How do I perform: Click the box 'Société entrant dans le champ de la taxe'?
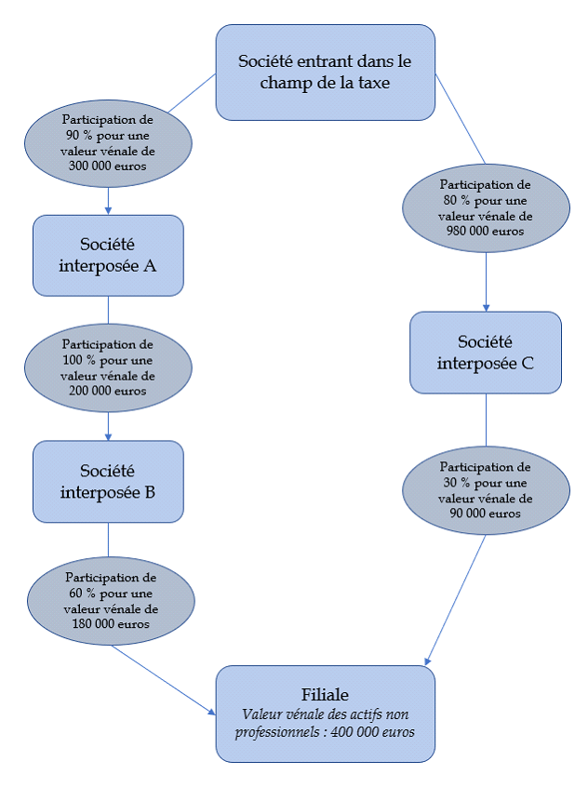click(325, 72)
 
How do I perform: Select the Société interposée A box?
click(108, 255)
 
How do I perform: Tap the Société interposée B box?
click(108, 481)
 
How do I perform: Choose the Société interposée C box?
click(485, 352)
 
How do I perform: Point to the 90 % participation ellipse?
click(109, 142)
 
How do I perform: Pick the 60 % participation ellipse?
click(111, 600)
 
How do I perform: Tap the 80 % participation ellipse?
click(485, 207)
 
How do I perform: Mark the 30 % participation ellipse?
click(485, 489)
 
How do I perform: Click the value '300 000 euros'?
click(109, 167)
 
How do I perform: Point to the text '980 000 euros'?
click(485, 232)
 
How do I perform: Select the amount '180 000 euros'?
click(111, 624)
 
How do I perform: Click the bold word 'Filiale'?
click(325, 695)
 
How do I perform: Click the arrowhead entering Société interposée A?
click(109, 210)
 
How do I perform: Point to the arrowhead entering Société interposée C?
click(486, 307)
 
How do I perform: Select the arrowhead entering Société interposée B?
click(109, 436)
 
